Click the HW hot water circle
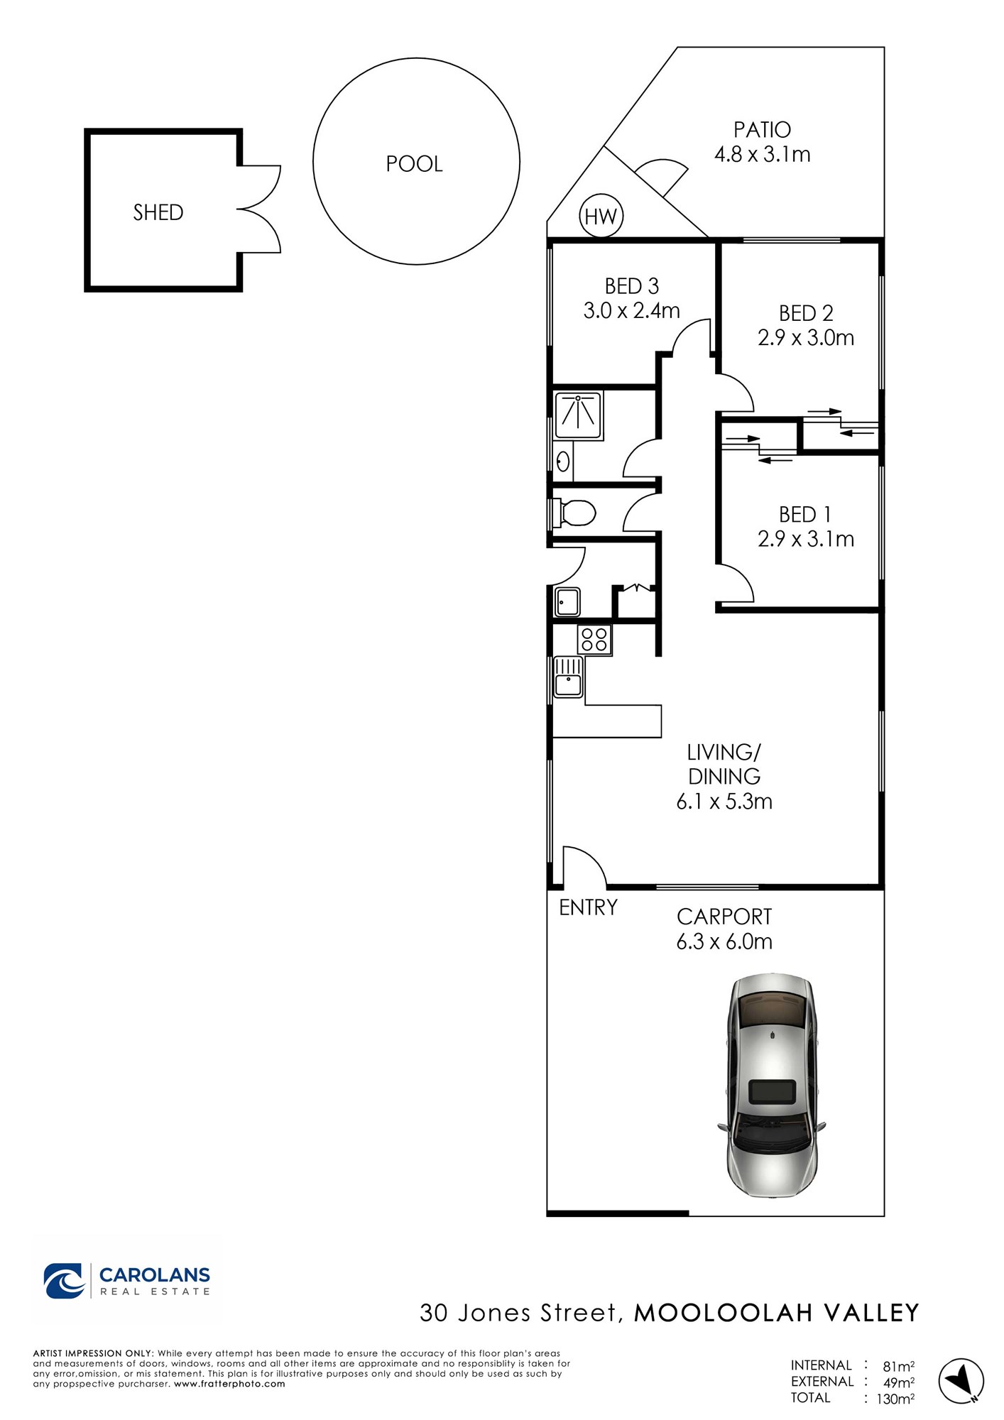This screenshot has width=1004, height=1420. point(601,216)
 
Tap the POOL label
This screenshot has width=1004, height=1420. point(414,164)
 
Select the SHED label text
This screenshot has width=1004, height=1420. point(158,212)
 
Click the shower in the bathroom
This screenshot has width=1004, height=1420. point(578,416)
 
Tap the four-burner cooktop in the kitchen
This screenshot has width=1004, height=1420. point(594,639)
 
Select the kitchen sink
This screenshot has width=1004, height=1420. point(568,677)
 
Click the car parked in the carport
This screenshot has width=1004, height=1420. point(772,1086)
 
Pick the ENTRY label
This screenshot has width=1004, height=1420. point(588,907)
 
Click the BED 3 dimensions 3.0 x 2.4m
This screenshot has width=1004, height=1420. point(632,311)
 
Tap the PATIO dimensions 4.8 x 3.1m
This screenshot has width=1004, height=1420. point(763,154)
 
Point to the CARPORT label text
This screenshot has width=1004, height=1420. point(724,917)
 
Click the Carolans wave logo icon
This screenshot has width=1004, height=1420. point(65,1281)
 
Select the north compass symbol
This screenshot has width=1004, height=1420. point(961,1380)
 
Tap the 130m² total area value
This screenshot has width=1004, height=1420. point(895,1399)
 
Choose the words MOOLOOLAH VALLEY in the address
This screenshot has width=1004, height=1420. point(777,1313)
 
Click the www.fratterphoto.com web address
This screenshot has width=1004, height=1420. point(229,1384)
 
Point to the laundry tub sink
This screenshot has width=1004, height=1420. point(567,602)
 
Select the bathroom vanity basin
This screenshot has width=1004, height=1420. point(563,462)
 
